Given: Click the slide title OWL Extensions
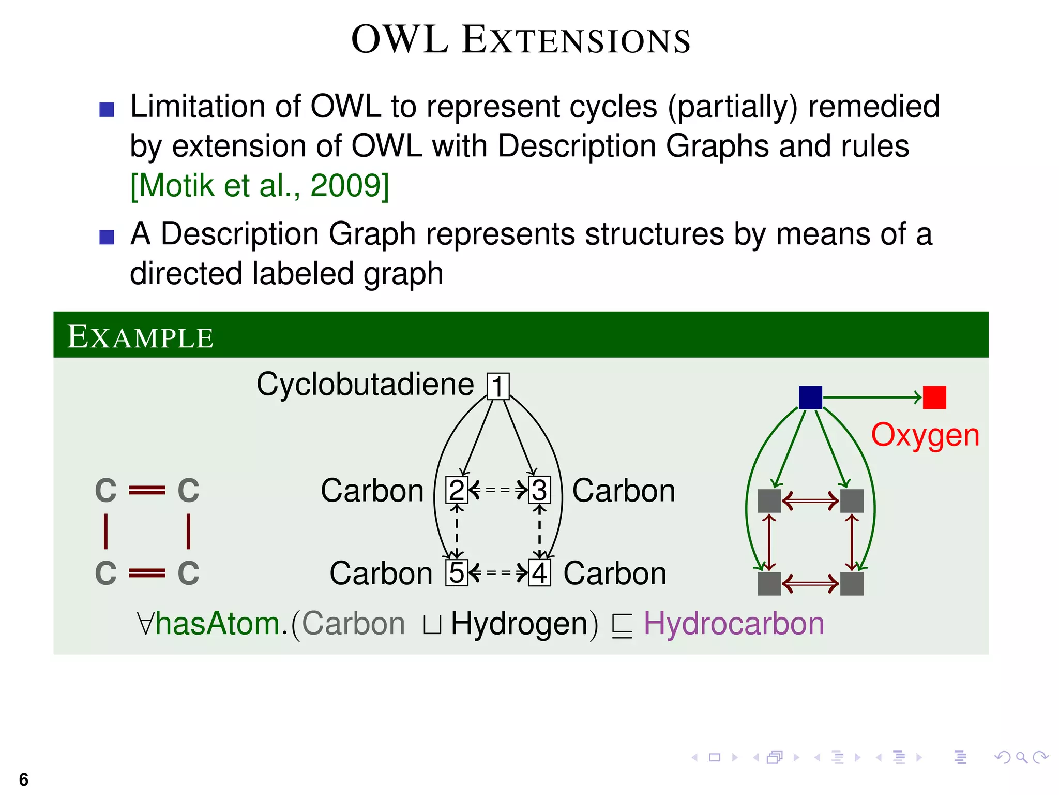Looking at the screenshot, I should click(521, 40).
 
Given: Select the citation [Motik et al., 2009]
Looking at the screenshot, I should click(260, 185).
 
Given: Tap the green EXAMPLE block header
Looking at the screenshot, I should click(521, 335).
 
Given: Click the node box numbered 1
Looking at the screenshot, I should click(498, 386).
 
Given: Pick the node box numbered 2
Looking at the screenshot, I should click(457, 490).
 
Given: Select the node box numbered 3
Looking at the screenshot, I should click(539, 490).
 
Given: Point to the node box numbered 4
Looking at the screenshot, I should click(539, 573).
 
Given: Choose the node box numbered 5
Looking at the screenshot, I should click(457, 573).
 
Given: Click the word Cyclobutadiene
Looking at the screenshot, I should click(365, 385).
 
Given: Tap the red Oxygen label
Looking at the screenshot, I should click(925, 435).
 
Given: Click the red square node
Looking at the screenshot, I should click(934, 397).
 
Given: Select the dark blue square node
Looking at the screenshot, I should click(810, 397).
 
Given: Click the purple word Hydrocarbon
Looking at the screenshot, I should click(734, 623).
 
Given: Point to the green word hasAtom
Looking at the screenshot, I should click(217, 623).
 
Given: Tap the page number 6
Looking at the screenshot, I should click(23, 779).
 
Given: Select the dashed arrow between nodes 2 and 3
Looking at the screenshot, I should click(498, 489).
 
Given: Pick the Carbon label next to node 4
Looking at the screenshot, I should click(615, 573).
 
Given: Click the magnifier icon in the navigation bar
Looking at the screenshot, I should click(1021, 758).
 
